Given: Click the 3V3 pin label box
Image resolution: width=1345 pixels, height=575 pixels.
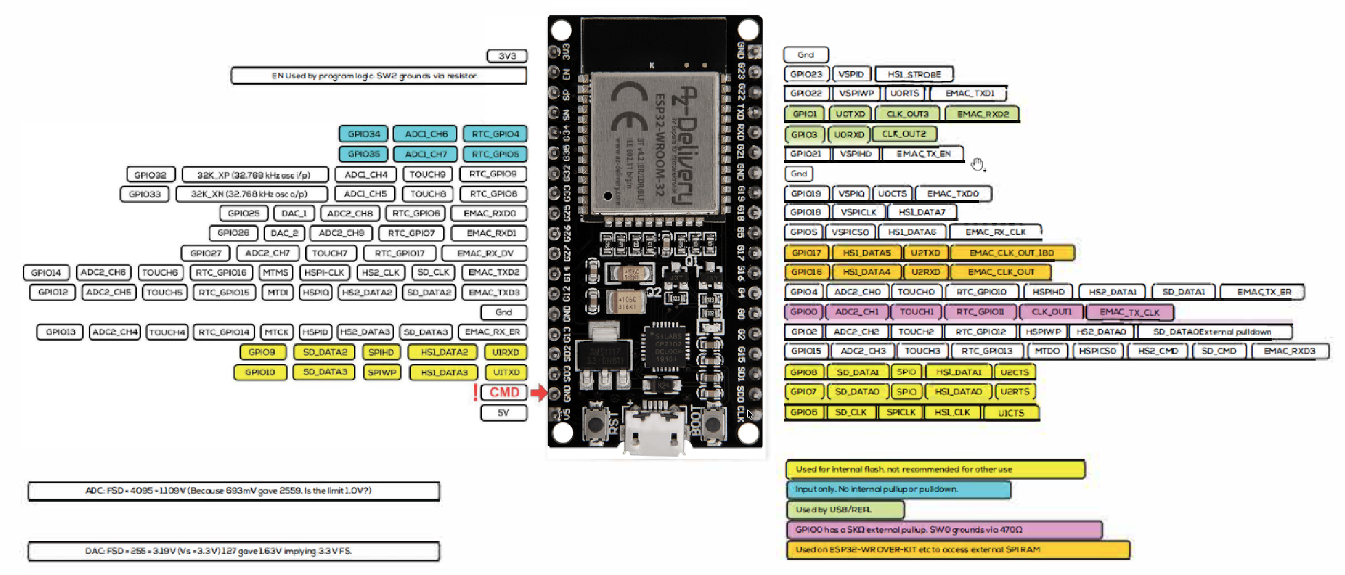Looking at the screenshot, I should [x=507, y=56].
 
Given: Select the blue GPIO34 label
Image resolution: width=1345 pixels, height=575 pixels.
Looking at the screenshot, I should [x=363, y=134].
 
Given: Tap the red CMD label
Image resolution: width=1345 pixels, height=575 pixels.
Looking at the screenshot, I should [x=504, y=392].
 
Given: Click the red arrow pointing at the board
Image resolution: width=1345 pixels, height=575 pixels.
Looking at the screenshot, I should [x=538, y=392].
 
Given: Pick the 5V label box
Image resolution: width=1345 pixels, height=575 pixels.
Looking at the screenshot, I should [x=503, y=413].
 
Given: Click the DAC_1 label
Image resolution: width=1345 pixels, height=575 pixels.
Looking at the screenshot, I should [x=294, y=213].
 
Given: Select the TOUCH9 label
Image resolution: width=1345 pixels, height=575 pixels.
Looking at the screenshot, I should [x=427, y=175].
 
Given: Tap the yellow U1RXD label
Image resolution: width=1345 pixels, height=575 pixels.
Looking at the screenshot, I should [x=506, y=352].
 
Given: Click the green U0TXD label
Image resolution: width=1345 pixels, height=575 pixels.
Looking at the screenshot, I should [x=850, y=114].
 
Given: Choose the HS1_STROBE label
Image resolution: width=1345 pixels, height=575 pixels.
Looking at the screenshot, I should [x=914, y=75].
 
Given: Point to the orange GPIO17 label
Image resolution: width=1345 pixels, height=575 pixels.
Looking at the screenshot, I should [x=806, y=253].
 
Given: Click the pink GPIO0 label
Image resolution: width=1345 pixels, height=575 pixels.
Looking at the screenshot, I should [x=804, y=312].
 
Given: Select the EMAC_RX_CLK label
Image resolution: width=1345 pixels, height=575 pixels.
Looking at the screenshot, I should [x=995, y=232].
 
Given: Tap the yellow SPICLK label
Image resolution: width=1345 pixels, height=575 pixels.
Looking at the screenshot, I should [x=901, y=412].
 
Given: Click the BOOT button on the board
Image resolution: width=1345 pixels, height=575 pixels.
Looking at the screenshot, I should [x=714, y=423].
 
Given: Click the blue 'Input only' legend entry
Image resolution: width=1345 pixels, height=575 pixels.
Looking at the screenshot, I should [x=898, y=489].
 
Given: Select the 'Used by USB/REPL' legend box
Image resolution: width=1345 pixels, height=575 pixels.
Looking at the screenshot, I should [x=845, y=510].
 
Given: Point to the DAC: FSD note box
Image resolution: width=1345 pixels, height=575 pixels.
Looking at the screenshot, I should [x=233, y=551].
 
